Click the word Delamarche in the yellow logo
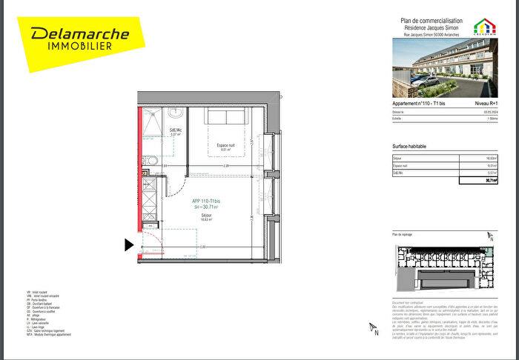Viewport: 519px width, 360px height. click(79, 34)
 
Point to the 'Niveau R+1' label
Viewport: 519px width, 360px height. click(486, 104)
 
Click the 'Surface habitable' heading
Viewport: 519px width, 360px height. click(409, 146)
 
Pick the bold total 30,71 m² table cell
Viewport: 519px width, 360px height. click(489, 180)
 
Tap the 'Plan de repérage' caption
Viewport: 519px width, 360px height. click(402, 234)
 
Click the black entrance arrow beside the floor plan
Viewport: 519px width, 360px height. click(129, 244)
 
